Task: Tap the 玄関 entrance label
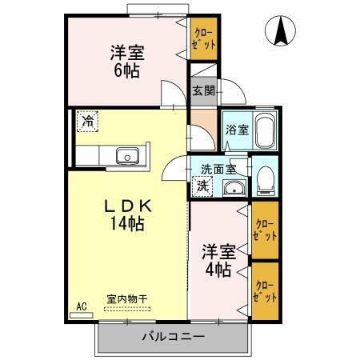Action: click(203, 90)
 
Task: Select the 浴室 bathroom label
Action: click(235, 128)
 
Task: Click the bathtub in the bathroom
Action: click(266, 130)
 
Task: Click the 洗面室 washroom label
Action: click(218, 168)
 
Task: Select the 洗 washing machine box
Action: click(203, 186)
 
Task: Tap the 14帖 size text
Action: click(127, 224)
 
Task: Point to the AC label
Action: click(81, 305)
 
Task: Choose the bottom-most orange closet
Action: click(264, 290)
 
